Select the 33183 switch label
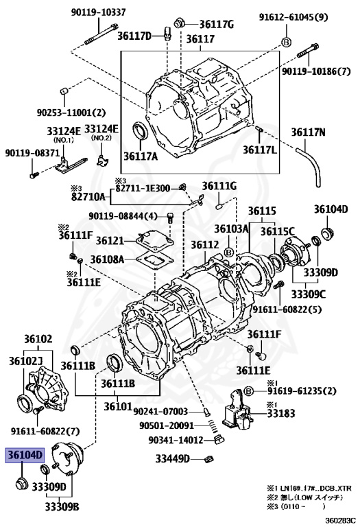click(x=282, y=413)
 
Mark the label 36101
click(x=118, y=407)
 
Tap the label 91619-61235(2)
click(x=302, y=391)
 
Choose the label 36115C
click(x=282, y=230)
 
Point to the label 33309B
click(x=63, y=506)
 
